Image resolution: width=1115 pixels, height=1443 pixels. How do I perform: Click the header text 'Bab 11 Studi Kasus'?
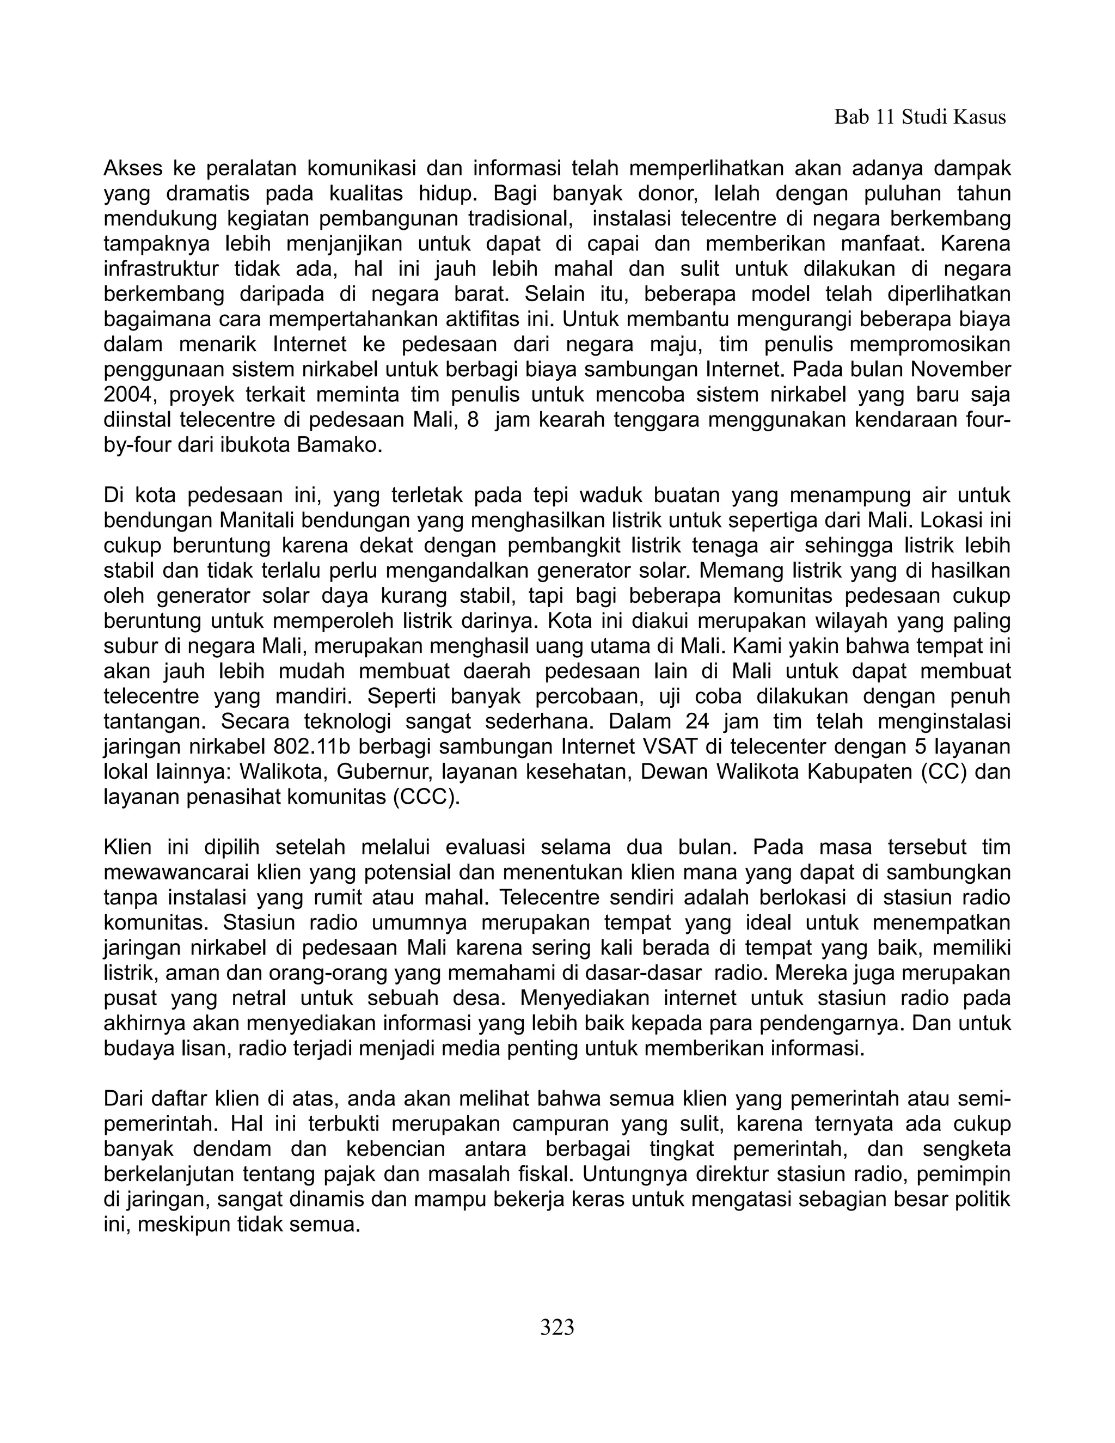coord(920,118)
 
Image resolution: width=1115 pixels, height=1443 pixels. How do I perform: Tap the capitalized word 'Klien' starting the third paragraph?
coord(127,848)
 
